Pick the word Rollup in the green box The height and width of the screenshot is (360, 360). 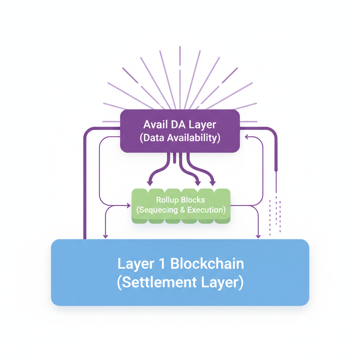[x=167, y=200]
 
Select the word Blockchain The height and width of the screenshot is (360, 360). [x=207, y=264]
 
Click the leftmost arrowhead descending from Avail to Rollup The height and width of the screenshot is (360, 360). [x=150, y=183]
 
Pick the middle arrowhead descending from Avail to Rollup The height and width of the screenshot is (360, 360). [x=198, y=183]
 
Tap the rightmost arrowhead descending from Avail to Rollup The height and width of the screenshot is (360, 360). [x=213, y=183]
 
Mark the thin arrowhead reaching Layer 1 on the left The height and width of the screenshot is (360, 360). [x=105, y=236]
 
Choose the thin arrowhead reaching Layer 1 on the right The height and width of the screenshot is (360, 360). [x=258, y=236]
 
